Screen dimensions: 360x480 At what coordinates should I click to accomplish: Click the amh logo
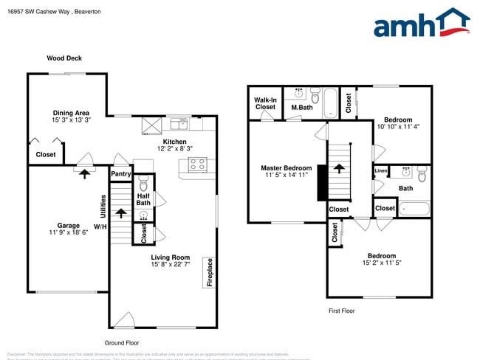point(421,24)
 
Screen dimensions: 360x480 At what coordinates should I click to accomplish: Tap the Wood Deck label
point(64,58)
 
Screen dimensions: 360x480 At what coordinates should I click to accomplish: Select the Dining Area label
point(71,113)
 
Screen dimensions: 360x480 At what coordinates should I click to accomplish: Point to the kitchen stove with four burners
point(197,166)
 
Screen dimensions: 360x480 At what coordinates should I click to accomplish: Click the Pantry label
point(120,174)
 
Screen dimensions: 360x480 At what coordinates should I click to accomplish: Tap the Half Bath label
point(143,198)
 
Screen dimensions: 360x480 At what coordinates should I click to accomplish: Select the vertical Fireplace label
point(210,271)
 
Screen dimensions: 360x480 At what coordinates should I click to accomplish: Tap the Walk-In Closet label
point(265,103)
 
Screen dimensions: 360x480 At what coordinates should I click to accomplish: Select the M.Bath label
point(301,108)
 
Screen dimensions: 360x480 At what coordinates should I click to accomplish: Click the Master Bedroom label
point(287,168)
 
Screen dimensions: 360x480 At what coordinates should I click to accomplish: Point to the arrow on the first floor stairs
point(339,169)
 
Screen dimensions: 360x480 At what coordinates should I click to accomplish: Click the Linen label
point(381,171)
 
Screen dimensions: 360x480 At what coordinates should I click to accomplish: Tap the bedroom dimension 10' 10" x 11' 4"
point(398,126)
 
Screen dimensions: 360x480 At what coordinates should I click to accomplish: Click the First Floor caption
point(341,311)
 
